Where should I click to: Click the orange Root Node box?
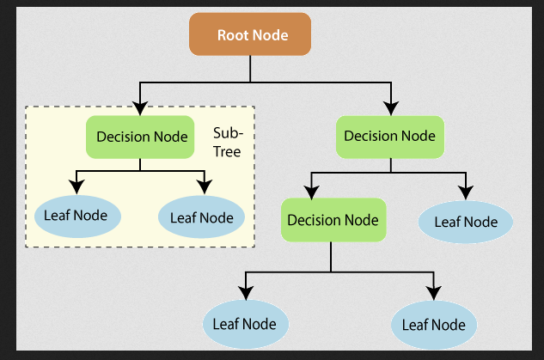[x=251, y=36]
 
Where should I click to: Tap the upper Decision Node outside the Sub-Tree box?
[x=389, y=136]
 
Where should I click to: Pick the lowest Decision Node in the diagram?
[x=333, y=220]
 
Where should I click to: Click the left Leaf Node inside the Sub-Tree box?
[x=76, y=216]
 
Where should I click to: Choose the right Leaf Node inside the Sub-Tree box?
[x=201, y=217]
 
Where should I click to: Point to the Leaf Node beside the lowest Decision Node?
[x=465, y=222]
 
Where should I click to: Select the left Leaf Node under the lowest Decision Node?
[x=245, y=324]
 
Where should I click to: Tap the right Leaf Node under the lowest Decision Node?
[x=434, y=324]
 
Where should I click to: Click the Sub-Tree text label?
[x=228, y=142]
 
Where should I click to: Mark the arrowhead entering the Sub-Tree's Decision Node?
[x=139, y=108]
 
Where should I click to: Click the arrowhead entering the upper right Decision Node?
[x=392, y=108]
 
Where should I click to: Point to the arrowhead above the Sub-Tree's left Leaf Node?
[x=77, y=186]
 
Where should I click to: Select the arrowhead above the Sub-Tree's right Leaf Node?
[x=204, y=186]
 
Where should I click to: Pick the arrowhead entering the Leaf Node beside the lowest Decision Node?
[x=465, y=191]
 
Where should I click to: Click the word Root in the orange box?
[x=232, y=36]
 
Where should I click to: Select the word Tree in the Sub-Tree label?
[x=228, y=151]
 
